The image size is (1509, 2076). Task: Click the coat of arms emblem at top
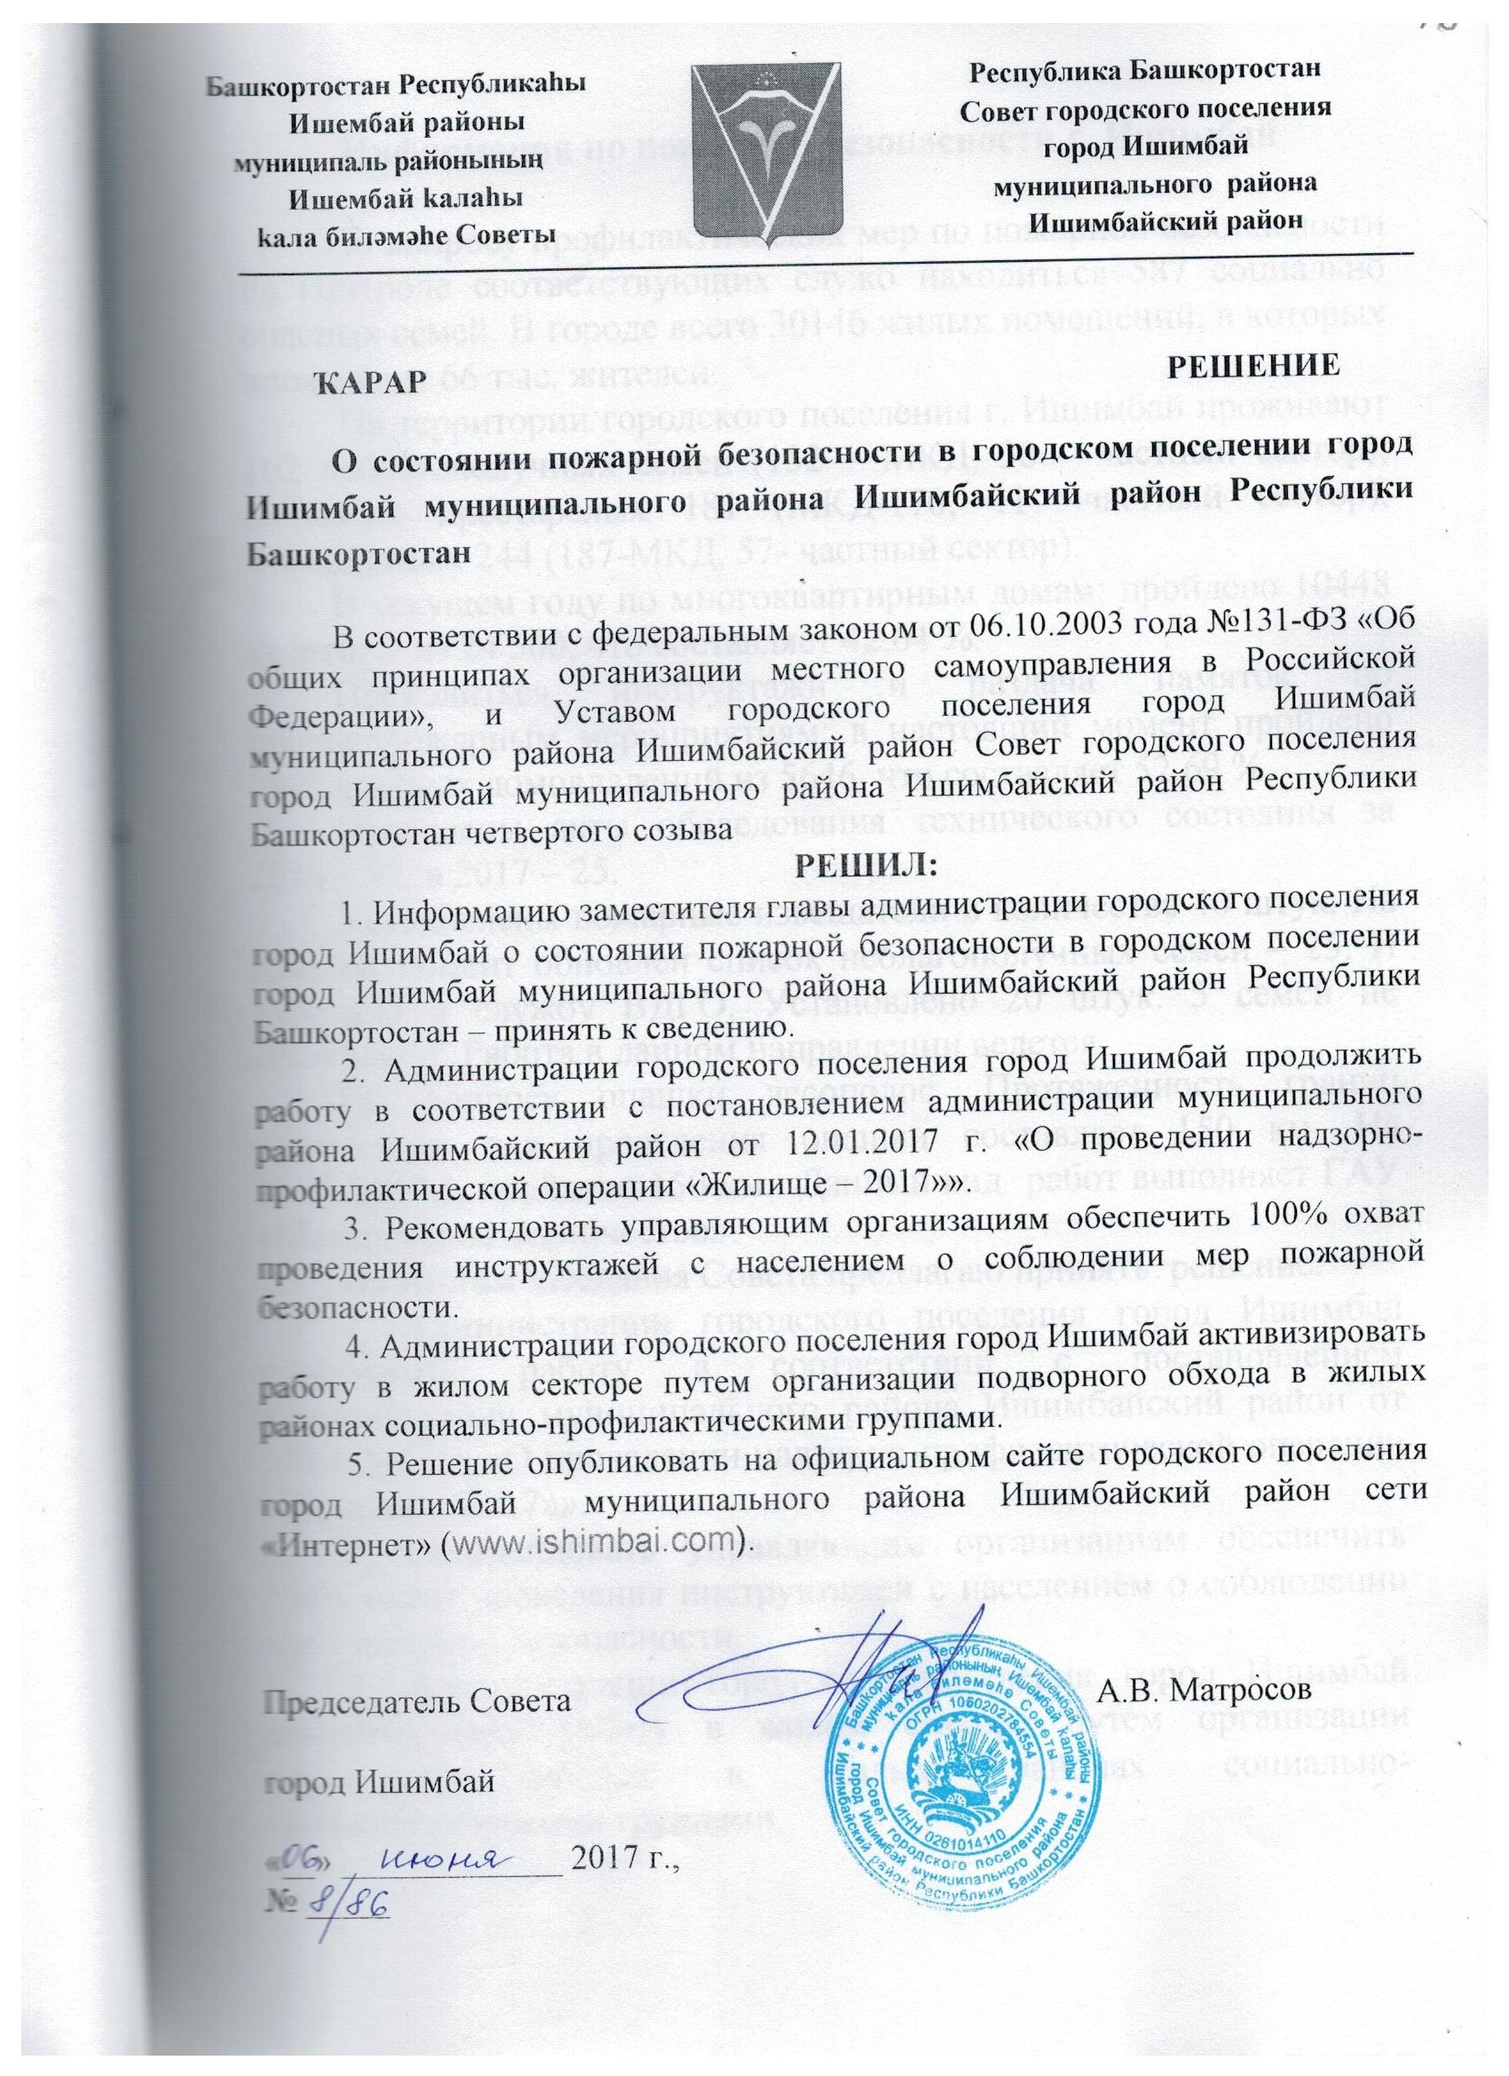(x=765, y=148)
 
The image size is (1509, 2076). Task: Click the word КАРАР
(x=371, y=379)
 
